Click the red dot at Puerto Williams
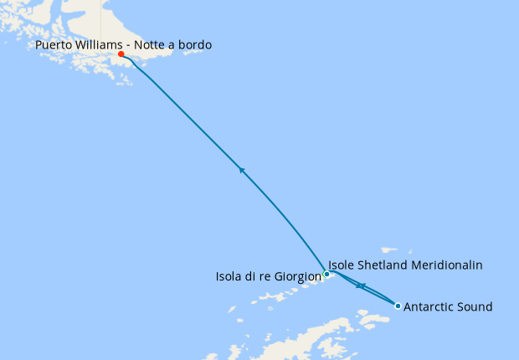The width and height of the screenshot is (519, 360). click(121, 54)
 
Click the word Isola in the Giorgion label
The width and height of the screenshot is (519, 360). click(231, 275)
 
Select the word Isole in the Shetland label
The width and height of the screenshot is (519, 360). click(342, 265)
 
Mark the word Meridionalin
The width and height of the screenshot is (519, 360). click(450, 265)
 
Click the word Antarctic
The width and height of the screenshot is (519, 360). click(429, 307)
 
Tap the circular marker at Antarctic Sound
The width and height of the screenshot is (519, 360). click(398, 306)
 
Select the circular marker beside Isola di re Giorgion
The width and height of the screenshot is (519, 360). click(326, 274)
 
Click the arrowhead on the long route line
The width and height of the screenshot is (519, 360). click(242, 170)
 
